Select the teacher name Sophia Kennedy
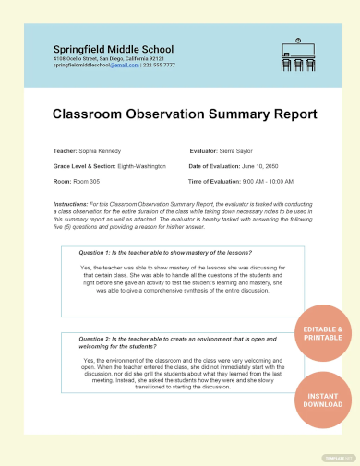coord(99,149)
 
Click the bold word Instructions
coord(71,202)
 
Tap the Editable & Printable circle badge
coord(322,333)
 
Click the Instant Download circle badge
coord(322,400)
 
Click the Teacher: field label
coord(66,149)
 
